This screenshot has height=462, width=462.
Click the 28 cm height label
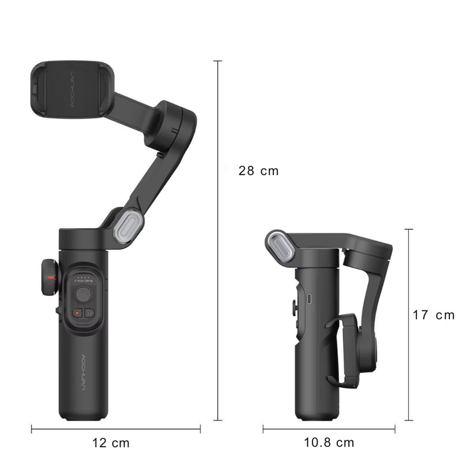(258, 171)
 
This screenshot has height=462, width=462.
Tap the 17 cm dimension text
(433, 315)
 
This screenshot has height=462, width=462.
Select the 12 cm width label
(111, 443)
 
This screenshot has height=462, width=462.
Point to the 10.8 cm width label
(329, 443)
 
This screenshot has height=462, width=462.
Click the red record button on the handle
(76, 312)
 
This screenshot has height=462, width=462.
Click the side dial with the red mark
(50, 278)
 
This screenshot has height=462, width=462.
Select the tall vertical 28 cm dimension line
(218, 240)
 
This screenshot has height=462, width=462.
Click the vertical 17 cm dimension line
(409, 325)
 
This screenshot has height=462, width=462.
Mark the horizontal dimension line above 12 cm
(115, 429)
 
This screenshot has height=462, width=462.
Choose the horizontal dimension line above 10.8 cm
(329, 429)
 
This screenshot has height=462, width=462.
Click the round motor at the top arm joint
(170, 125)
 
